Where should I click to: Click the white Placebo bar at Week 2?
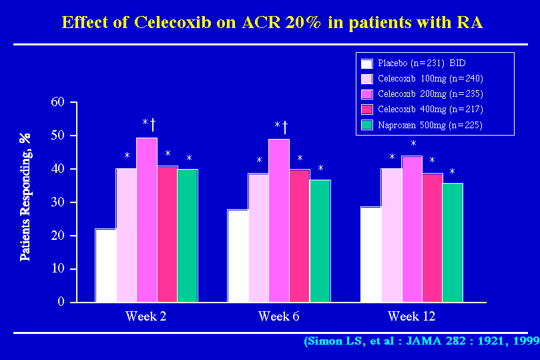point(105,265)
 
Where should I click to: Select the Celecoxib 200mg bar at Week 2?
point(147,220)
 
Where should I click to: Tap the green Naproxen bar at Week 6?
point(320,240)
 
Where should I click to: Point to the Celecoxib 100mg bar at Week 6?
point(258,237)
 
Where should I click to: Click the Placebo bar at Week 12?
point(371,254)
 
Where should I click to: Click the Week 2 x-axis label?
point(146,316)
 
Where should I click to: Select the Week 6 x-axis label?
point(278,316)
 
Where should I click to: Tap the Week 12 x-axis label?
point(413,316)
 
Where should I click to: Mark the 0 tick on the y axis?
point(61,302)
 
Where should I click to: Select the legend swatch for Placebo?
point(366,64)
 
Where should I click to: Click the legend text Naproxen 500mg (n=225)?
point(430,125)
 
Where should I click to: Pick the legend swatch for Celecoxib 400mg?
point(366,110)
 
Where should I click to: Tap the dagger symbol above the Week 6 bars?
point(286,126)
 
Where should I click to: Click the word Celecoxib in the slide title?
point(168,21)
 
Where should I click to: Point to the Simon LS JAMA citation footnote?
point(421,341)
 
